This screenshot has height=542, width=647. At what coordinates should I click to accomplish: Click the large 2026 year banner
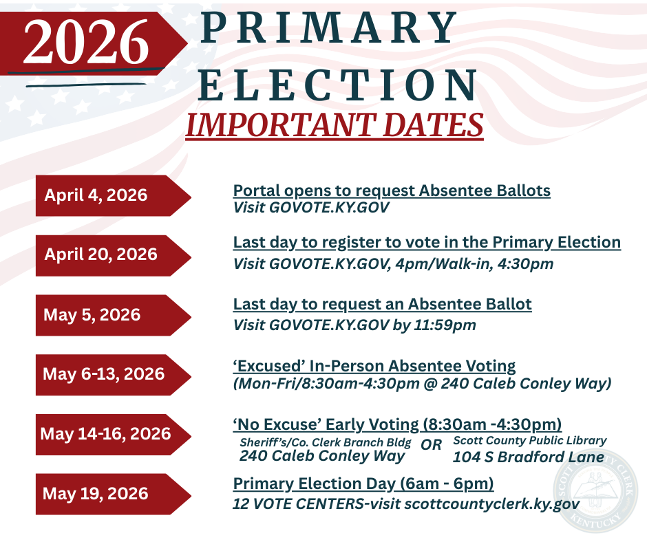(93, 43)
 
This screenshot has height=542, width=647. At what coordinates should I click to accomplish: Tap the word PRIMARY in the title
(329, 28)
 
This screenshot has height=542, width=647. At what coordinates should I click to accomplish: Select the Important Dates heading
(335, 125)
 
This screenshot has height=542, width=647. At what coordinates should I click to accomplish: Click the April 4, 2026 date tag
(113, 195)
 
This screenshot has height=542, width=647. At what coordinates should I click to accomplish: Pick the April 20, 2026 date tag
(113, 255)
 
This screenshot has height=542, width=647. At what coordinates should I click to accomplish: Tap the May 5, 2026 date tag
(113, 315)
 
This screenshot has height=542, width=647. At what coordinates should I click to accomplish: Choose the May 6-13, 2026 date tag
(113, 375)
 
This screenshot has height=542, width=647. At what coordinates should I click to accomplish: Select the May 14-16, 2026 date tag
(113, 434)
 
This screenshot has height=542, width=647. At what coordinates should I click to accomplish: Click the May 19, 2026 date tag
(113, 494)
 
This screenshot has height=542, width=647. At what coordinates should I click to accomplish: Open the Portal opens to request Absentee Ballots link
(392, 191)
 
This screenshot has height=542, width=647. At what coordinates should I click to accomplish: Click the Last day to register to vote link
(427, 243)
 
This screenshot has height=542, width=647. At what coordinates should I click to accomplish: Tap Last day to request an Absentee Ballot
(382, 305)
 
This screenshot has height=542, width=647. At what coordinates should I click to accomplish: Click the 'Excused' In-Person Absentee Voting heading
(374, 367)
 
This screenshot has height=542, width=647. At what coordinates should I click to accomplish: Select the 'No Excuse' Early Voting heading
(397, 424)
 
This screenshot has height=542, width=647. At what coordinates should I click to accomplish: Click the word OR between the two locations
(431, 444)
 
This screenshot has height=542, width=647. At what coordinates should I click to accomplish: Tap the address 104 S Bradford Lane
(528, 457)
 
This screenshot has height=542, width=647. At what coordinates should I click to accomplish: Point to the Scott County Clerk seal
(595, 490)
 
